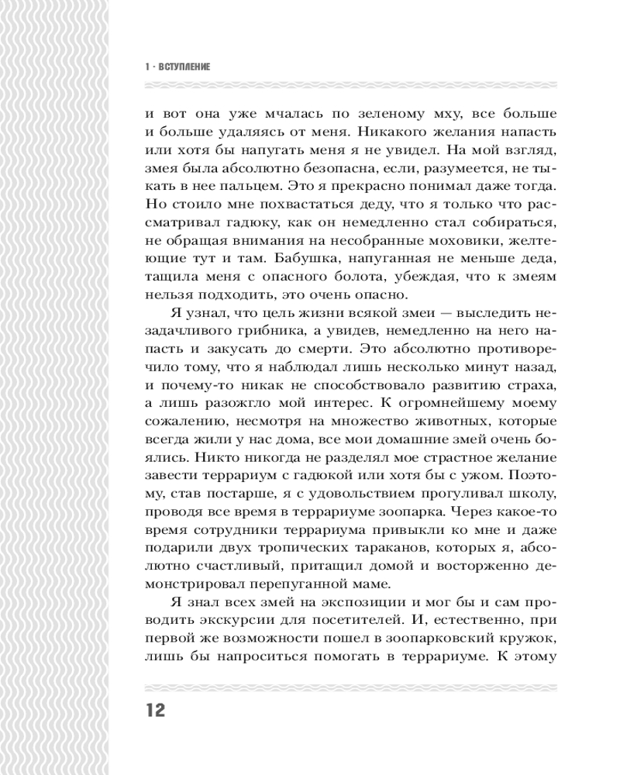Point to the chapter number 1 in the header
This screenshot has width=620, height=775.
tap(146, 67)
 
